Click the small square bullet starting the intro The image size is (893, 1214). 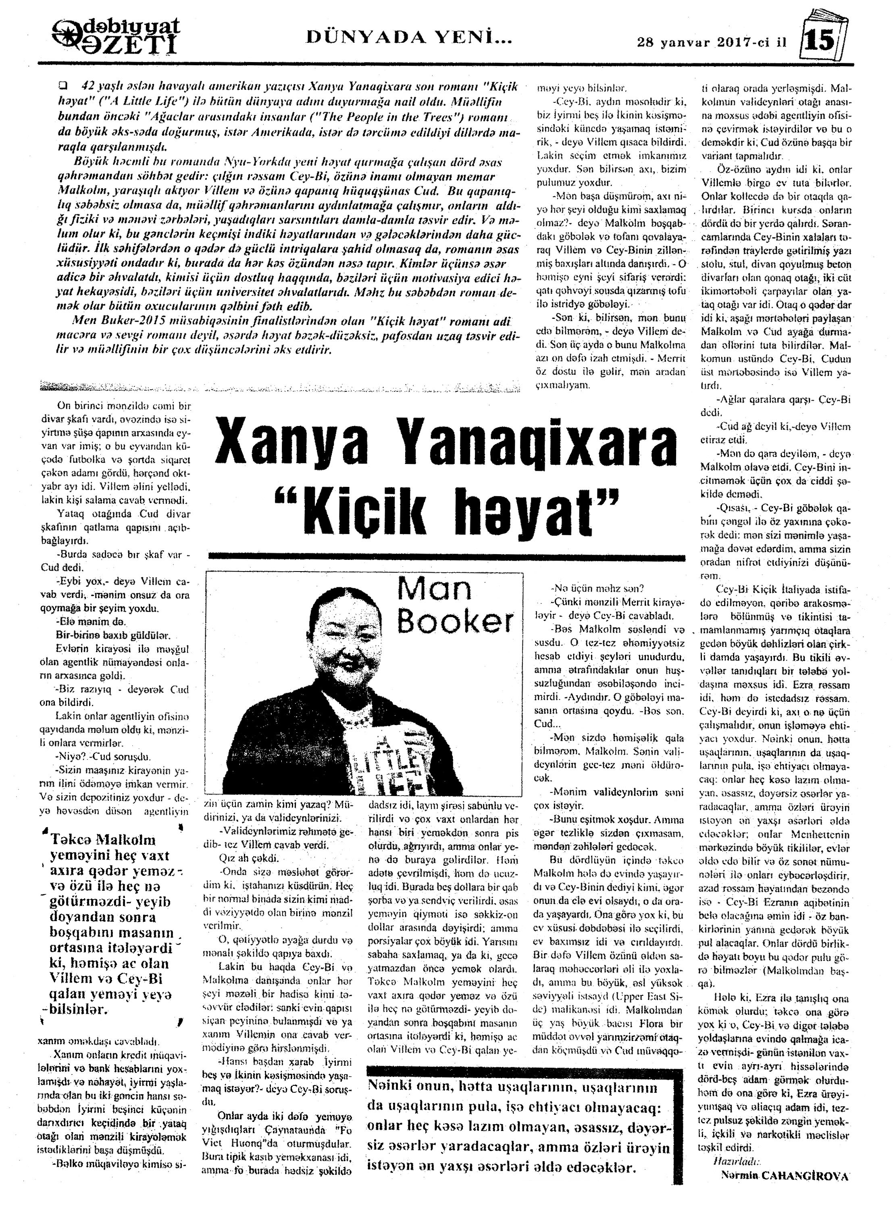[64, 85]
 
